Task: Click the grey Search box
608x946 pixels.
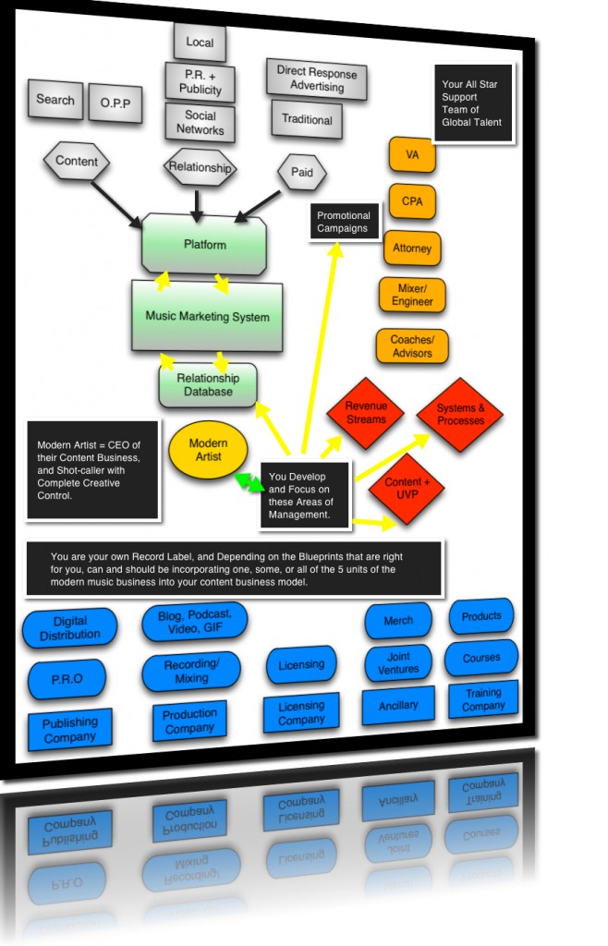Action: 55,100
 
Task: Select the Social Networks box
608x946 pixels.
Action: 200,122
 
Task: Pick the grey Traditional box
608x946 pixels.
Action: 307,119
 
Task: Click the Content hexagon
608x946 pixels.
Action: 77,162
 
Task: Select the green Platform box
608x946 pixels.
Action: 204,244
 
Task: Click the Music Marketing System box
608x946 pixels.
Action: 207,317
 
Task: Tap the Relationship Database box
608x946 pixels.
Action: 208,385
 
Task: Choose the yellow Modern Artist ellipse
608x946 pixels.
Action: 208,450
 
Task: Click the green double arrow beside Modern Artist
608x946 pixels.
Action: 247,483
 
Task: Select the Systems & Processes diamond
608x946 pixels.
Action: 459,415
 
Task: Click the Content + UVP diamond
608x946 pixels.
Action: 406,488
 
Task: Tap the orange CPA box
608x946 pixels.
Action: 411,200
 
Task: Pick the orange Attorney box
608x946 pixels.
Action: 412,249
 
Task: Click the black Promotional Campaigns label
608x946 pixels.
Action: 343,223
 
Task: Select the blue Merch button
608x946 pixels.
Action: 398,621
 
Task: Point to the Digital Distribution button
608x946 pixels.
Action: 70,628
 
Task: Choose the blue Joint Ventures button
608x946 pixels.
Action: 398,662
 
